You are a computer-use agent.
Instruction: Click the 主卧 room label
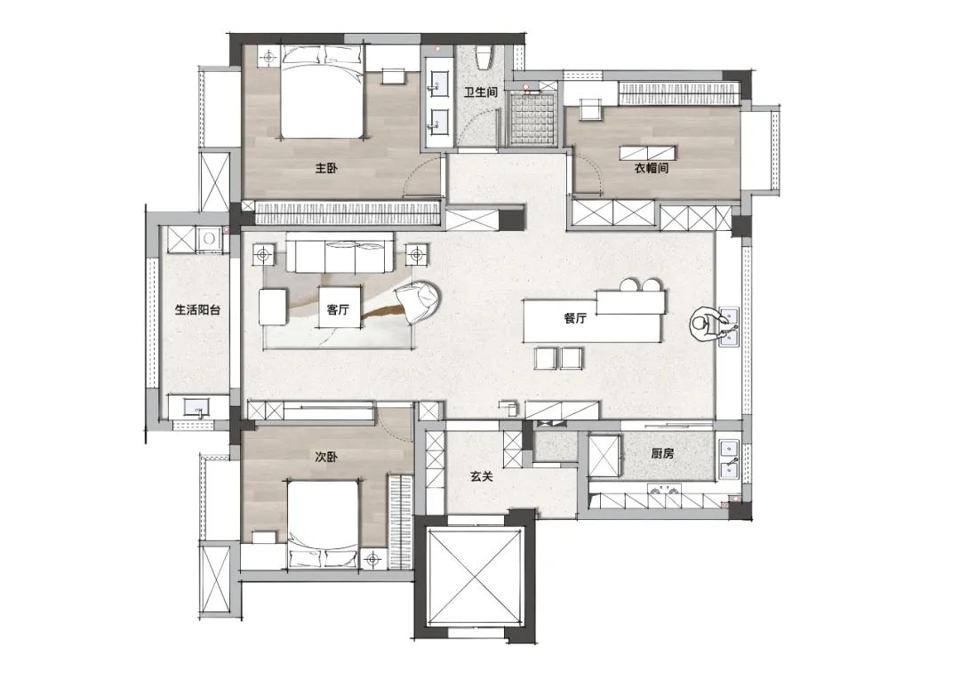[325, 168]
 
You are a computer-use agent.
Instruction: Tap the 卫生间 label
[480, 92]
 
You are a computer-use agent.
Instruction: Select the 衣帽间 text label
[651, 168]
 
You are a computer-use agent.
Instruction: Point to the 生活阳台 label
[197, 310]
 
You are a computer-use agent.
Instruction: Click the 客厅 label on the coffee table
[338, 309]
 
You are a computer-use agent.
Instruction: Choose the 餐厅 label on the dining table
[575, 318]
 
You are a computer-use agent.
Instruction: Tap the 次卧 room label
[325, 457]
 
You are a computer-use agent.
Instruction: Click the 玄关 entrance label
[482, 475]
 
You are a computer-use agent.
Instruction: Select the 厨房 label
[662, 453]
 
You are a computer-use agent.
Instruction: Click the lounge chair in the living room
[420, 300]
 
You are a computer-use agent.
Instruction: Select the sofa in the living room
[340, 252]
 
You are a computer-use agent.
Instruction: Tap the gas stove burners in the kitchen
[664, 489]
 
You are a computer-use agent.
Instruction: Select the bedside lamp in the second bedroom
[372, 558]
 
